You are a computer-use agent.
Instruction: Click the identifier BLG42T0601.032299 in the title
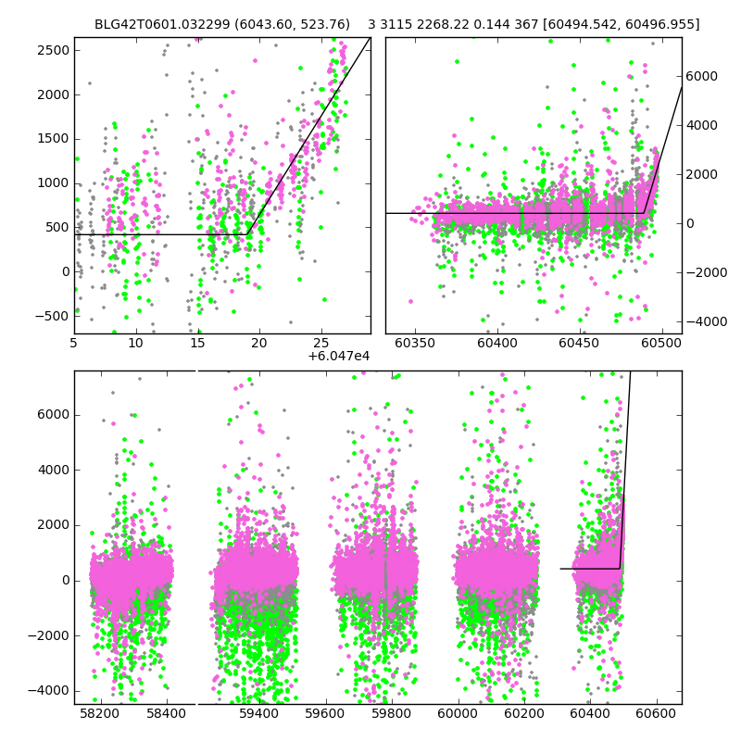pos(154,24)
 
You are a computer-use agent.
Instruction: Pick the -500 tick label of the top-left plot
pos(52,316)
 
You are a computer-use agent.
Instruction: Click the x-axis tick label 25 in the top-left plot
pos(320,343)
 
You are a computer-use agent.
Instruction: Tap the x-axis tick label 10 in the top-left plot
pos(136,343)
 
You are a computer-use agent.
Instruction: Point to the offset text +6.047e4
pos(339,356)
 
